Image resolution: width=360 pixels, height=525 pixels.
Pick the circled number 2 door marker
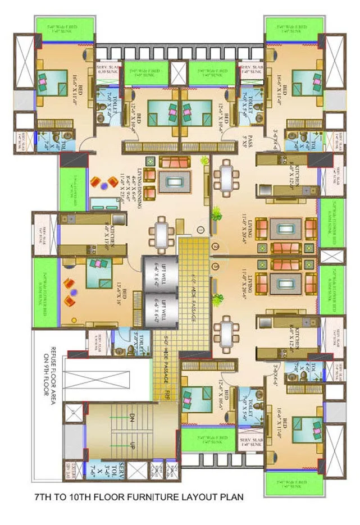pyautogui.click(x=215, y=246)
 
